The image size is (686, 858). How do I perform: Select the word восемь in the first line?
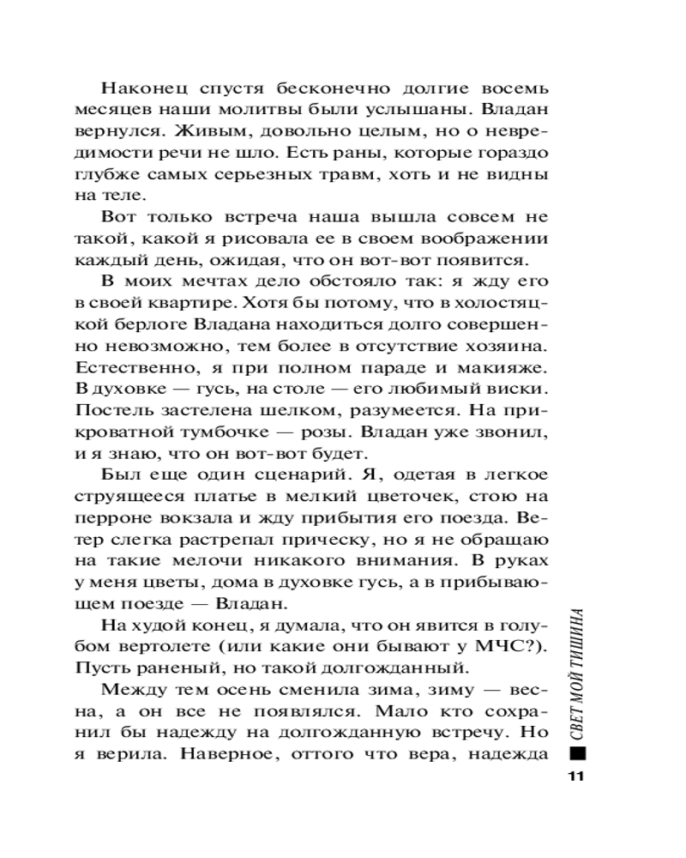tap(515, 89)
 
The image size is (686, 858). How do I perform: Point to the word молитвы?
tap(259, 111)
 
